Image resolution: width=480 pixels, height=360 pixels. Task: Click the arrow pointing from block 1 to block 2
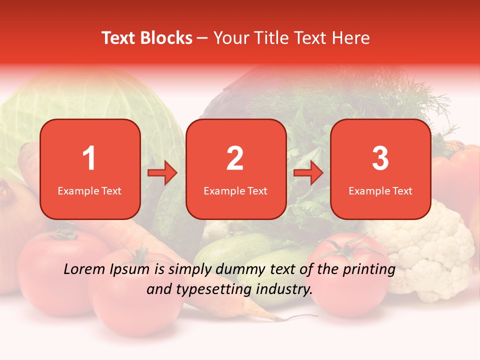[162, 173]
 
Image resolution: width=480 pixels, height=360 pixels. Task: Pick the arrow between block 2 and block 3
[308, 173]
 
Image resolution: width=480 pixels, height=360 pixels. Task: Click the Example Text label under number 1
[89, 191]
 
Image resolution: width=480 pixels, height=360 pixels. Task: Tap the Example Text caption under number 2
[235, 191]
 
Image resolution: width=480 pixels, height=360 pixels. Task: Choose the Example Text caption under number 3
[380, 191]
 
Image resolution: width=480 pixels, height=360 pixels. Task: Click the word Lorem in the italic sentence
[85, 269]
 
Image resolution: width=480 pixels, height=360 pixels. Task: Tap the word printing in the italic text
[369, 269]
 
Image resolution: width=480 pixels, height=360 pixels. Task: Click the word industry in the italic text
[285, 289]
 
